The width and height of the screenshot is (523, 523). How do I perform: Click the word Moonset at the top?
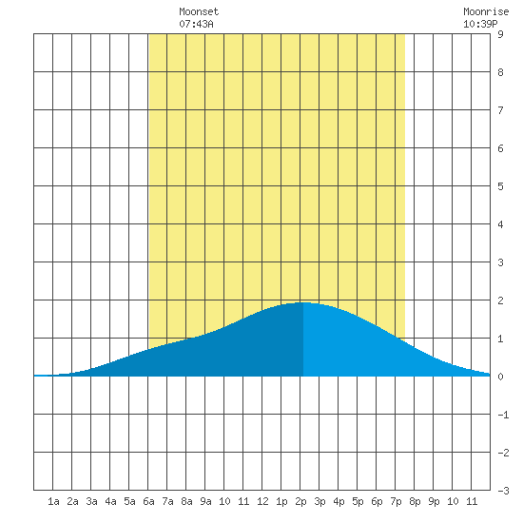coord(199,11)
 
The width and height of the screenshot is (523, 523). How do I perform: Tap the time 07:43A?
coord(196,24)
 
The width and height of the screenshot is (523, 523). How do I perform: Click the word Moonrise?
coord(486,11)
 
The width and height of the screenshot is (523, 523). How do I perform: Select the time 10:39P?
coord(480,24)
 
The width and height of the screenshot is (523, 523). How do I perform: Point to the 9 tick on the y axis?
coord(500,34)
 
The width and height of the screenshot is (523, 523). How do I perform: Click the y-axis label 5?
coord(500,186)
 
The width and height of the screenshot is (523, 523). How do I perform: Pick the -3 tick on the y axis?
coord(503,491)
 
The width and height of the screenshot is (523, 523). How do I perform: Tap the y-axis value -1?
coord(503,415)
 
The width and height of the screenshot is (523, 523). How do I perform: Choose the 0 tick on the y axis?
coord(500,377)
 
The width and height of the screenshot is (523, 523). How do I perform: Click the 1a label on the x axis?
coord(53,501)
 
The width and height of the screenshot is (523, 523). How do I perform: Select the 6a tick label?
coord(148,501)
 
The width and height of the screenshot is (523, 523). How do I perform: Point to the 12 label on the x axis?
coord(262,501)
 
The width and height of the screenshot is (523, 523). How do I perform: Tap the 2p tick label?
coord(300,501)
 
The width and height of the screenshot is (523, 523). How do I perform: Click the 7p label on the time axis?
coord(396,501)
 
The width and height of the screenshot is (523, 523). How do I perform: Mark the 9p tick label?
coord(434,501)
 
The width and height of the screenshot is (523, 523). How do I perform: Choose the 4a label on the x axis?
coord(110,501)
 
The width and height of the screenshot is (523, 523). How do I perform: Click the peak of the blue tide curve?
coord(302,302)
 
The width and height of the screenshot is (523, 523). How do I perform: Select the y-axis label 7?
coord(500,110)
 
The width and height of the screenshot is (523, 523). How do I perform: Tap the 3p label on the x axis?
coord(320,501)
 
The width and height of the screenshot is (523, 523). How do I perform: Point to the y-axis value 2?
coord(500,300)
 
